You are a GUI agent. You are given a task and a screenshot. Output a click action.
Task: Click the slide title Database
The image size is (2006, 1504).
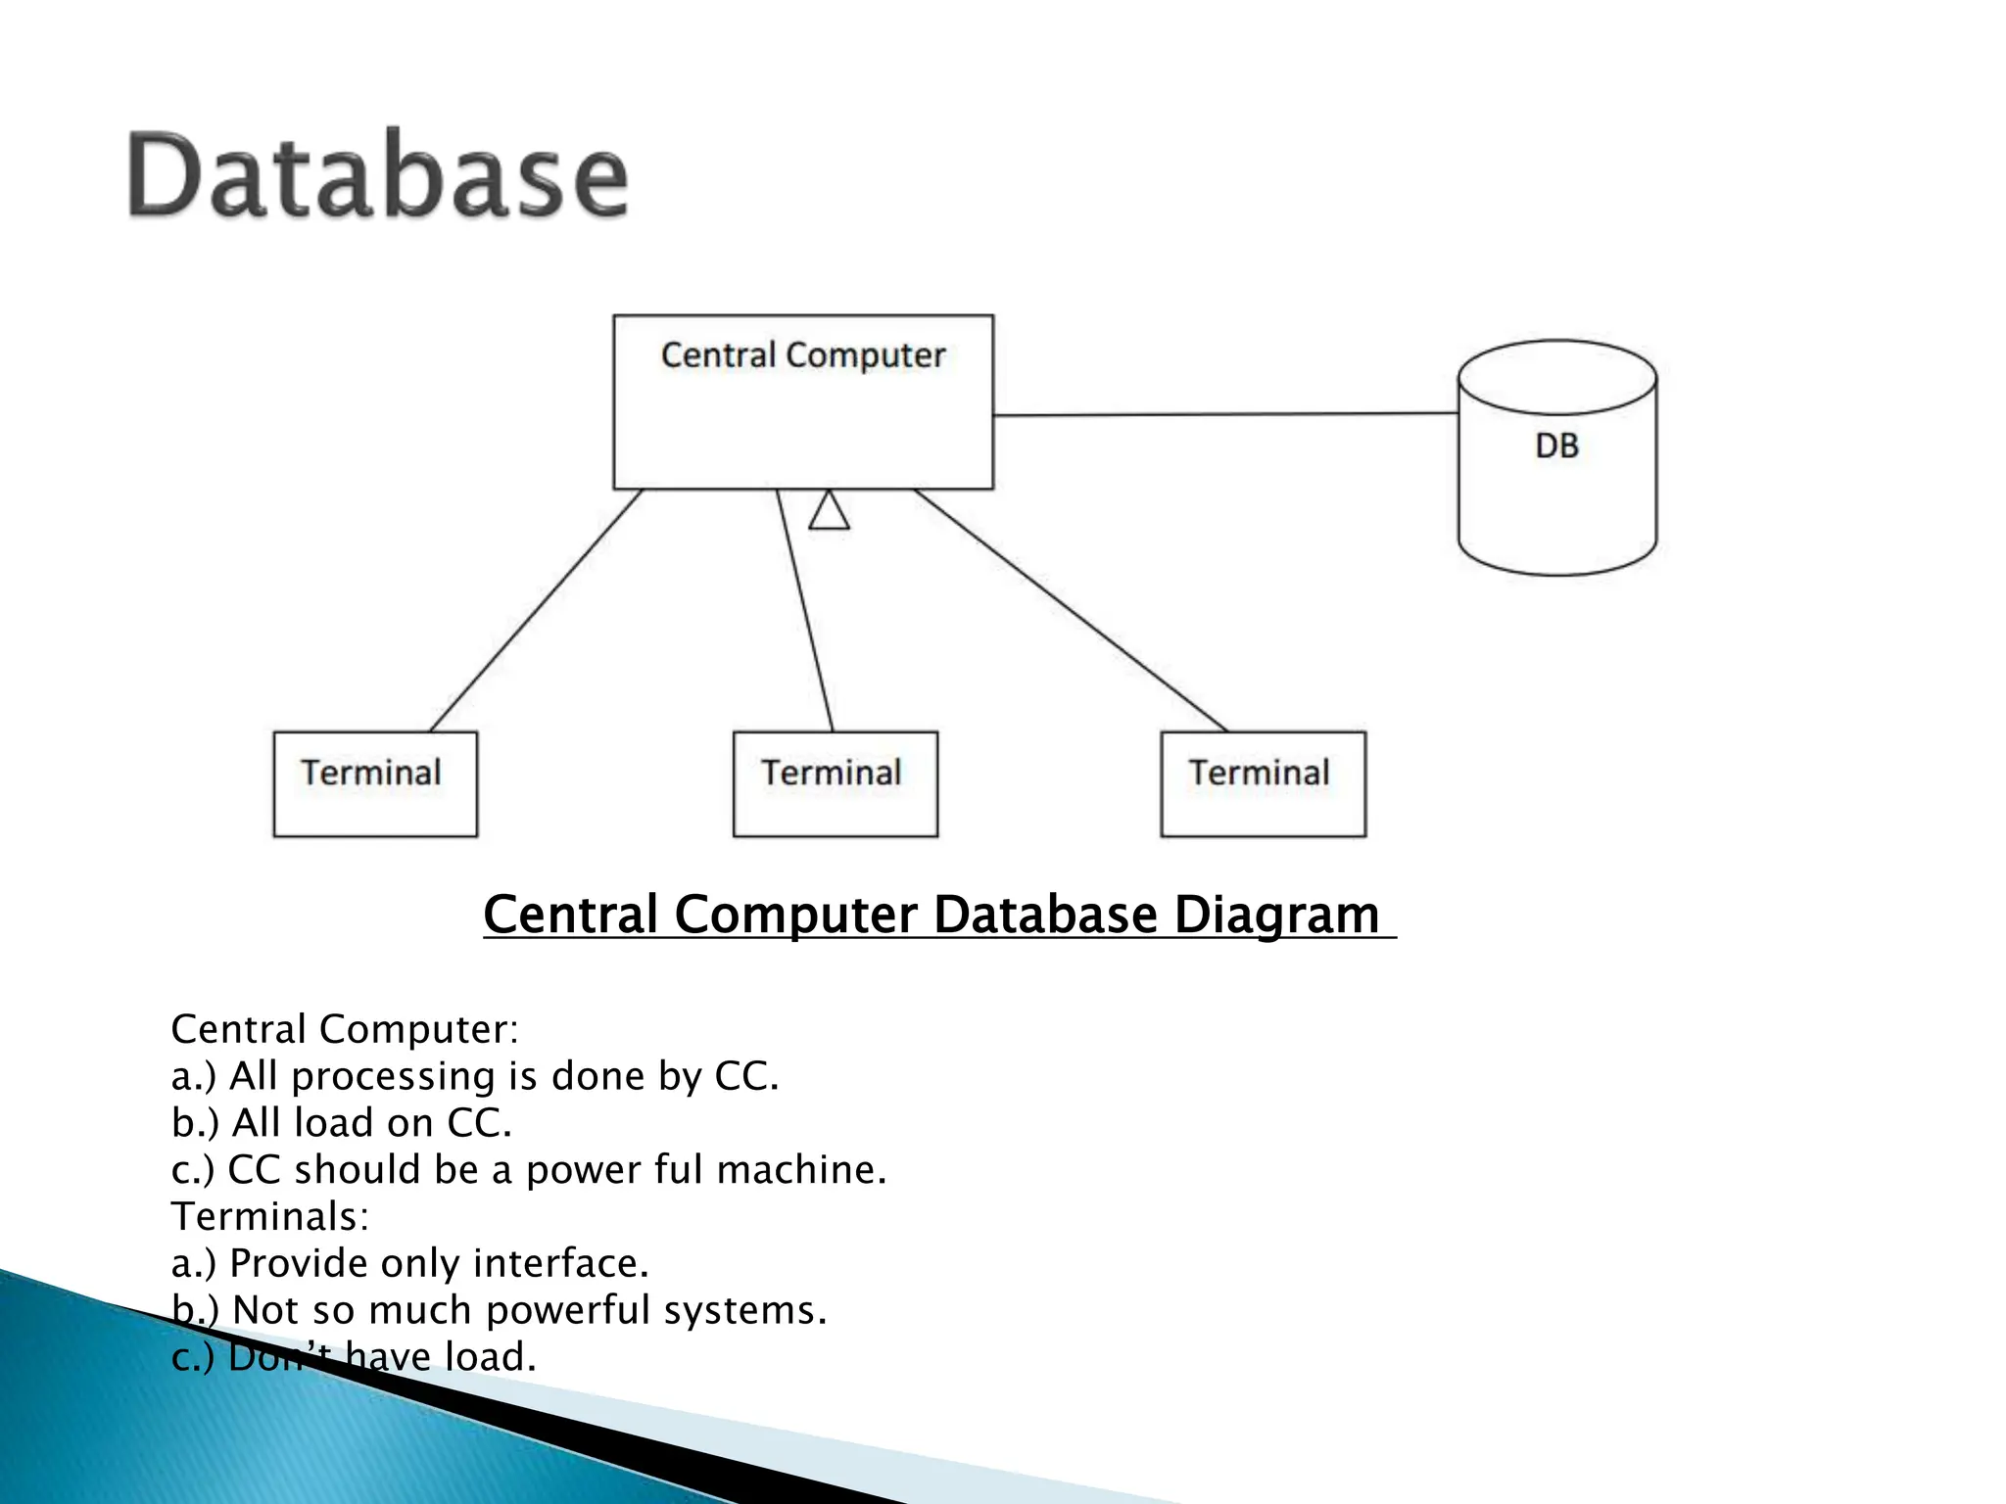(x=378, y=176)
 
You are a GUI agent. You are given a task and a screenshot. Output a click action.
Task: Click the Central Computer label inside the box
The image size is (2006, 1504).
(x=802, y=354)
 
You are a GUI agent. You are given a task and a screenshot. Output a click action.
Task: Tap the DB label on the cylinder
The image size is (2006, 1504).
(x=1556, y=446)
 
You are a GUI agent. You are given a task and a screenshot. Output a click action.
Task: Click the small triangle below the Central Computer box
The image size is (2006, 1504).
(x=829, y=511)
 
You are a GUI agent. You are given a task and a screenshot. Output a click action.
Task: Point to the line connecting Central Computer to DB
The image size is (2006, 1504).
(x=1224, y=414)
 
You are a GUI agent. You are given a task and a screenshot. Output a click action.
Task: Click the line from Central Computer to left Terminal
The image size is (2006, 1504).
(x=536, y=610)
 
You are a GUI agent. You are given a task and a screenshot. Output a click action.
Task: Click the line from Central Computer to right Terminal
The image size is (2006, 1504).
(x=1071, y=610)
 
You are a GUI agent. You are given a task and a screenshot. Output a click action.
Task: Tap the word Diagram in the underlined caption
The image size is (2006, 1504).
(x=1276, y=915)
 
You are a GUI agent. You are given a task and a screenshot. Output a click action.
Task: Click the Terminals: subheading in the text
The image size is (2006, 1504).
(x=269, y=1216)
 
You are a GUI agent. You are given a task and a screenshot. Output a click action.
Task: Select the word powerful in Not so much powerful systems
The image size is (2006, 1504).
(x=568, y=1310)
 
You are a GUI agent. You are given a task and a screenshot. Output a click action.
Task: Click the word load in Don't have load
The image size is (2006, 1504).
(x=490, y=1357)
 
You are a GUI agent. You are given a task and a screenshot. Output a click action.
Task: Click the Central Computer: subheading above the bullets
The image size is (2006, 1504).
(x=344, y=1029)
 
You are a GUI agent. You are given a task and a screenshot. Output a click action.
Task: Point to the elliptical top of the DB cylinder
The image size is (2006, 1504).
(x=1556, y=377)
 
